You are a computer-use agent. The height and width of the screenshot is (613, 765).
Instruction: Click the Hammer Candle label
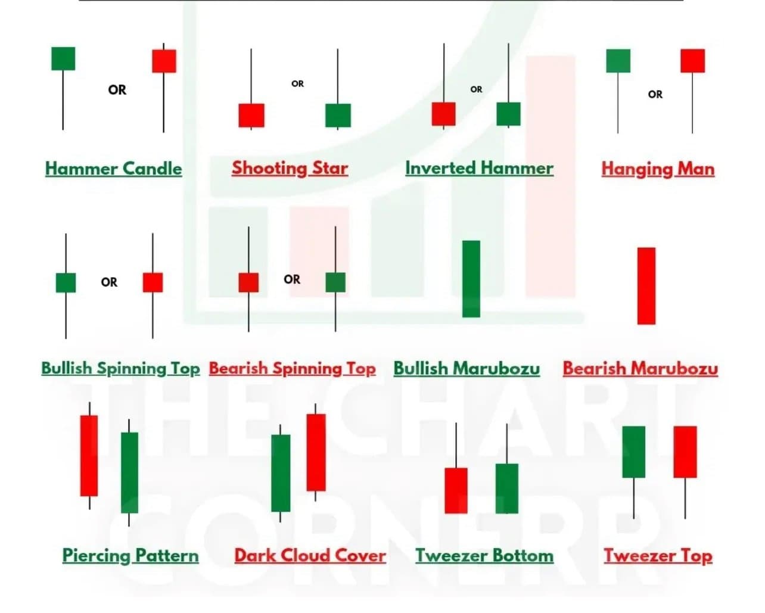[113, 169]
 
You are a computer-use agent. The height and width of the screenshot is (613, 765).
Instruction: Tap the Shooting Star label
[290, 168]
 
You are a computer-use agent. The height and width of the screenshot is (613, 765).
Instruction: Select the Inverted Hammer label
[479, 168]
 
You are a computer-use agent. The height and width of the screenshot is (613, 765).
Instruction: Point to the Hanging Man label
[658, 169]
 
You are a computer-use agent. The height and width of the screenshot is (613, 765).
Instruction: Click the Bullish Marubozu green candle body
[471, 278]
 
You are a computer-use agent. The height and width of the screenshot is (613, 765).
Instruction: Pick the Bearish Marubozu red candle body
[646, 286]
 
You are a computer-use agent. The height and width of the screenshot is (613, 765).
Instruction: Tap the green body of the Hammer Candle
[63, 58]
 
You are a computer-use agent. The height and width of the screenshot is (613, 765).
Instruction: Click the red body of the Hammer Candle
[164, 61]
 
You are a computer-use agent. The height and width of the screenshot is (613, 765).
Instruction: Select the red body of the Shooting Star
[251, 115]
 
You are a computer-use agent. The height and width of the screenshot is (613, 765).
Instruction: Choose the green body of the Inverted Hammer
[508, 114]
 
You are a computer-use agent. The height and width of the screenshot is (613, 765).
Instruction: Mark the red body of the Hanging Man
[692, 61]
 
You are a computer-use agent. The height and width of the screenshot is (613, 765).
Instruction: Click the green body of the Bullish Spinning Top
[66, 282]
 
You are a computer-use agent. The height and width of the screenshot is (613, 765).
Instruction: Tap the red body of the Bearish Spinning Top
[248, 282]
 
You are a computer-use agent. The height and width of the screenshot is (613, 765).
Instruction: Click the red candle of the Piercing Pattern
[89, 456]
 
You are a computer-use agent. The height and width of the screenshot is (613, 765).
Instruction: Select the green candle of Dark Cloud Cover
[281, 473]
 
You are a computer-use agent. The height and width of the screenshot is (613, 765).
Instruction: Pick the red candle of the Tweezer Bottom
[456, 490]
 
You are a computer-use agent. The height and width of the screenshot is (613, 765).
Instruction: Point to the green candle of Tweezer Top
[633, 452]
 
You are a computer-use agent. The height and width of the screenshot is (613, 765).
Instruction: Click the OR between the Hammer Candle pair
[117, 90]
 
